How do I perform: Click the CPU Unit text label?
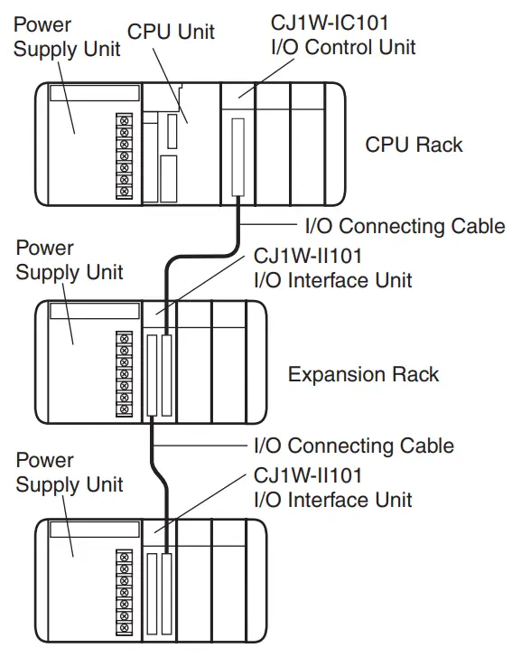click(x=171, y=32)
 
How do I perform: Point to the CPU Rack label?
click(x=414, y=145)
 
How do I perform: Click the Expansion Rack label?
click(x=363, y=374)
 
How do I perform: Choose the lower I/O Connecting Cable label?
click(x=351, y=446)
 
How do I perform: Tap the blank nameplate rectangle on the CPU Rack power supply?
click(x=95, y=93)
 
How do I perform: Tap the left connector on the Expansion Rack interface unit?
click(x=150, y=375)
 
